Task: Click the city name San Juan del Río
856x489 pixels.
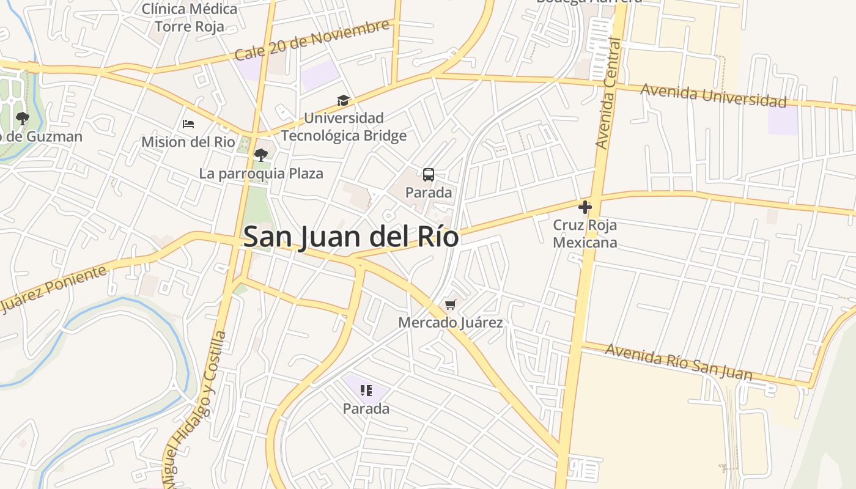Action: (x=351, y=237)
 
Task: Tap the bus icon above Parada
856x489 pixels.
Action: (x=429, y=175)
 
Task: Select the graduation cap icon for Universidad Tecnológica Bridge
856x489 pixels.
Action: (x=343, y=100)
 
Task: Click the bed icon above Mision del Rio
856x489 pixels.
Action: (x=188, y=124)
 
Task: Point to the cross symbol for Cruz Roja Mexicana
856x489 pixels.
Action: (x=585, y=207)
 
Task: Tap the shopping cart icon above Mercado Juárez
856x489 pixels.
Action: (x=451, y=304)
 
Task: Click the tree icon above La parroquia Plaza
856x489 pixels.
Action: (x=261, y=155)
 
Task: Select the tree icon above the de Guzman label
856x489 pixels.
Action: (x=23, y=119)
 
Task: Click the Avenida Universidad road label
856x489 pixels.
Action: (x=713, y=95)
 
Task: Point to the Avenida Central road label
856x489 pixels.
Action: (x=608, y=93)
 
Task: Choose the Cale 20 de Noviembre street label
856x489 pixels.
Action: (x=312, y=40)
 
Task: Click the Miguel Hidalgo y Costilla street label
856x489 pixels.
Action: (x=194, y=410)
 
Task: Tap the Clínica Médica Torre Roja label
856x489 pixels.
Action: (x=190, y=18)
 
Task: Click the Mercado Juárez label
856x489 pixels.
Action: (x=451, y=322)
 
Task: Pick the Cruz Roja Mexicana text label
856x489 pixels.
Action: (x=585, y=234)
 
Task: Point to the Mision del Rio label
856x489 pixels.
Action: (x=188, y=142)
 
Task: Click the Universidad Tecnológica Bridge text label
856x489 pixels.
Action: (x=343, y=127)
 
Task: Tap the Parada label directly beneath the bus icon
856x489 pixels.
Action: (x=429, y=193)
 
